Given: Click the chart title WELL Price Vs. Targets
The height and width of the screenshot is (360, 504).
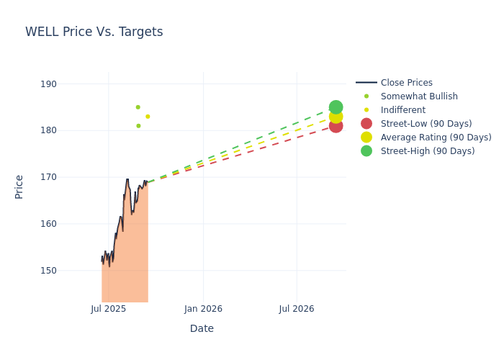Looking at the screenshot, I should click(94, 32).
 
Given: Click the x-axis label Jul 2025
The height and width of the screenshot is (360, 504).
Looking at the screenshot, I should click(109, 309).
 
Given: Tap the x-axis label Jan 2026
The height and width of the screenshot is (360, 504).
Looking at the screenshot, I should click(203, 309).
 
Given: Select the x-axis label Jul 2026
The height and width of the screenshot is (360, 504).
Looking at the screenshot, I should click(297, 309).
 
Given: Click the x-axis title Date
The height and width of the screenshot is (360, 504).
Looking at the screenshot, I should click(202, 328).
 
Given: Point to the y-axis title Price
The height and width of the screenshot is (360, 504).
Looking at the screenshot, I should click(19, 186).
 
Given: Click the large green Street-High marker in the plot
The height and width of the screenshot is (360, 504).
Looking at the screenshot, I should click(336, 107).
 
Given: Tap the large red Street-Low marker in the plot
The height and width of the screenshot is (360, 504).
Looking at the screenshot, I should click(336, 126).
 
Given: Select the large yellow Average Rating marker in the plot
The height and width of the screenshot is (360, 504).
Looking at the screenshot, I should click(336, 117).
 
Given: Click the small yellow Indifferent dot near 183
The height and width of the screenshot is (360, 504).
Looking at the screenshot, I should click(148, 117).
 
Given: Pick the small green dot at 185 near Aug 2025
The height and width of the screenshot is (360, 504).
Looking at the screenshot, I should click(138, 107).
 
